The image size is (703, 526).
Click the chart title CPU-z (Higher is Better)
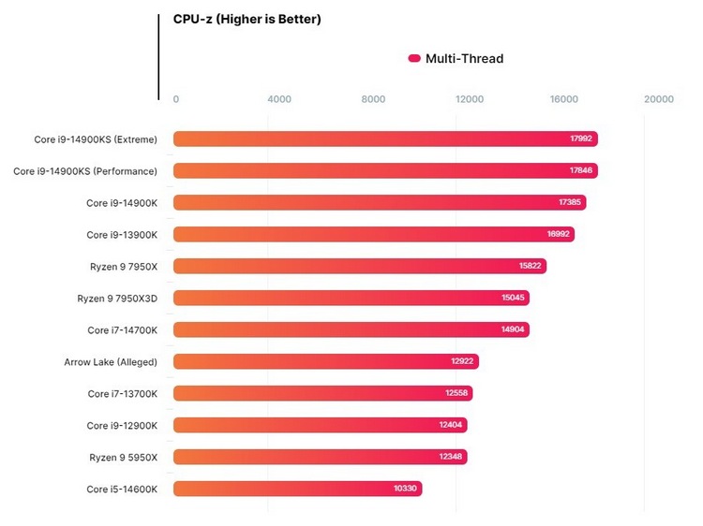tap(247, 19)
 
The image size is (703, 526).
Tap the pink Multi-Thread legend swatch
tap(414, 59)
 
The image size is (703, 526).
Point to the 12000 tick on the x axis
tap(470, 99)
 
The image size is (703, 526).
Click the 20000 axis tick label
tap(659, 99)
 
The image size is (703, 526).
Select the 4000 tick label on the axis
tap(279, 99)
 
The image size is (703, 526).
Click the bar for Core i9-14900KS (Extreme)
tap(385, 139)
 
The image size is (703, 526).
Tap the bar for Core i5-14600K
tap(298, 489)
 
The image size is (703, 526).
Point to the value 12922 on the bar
tap(464, 362)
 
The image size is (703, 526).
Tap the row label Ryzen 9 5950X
tap(123, 457)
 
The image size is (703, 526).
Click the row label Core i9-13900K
tap(122, 235)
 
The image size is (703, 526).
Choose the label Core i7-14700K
tap(122, 330)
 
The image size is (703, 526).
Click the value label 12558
tap(457, 394)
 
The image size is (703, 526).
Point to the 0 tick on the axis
tap(176, 99)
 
